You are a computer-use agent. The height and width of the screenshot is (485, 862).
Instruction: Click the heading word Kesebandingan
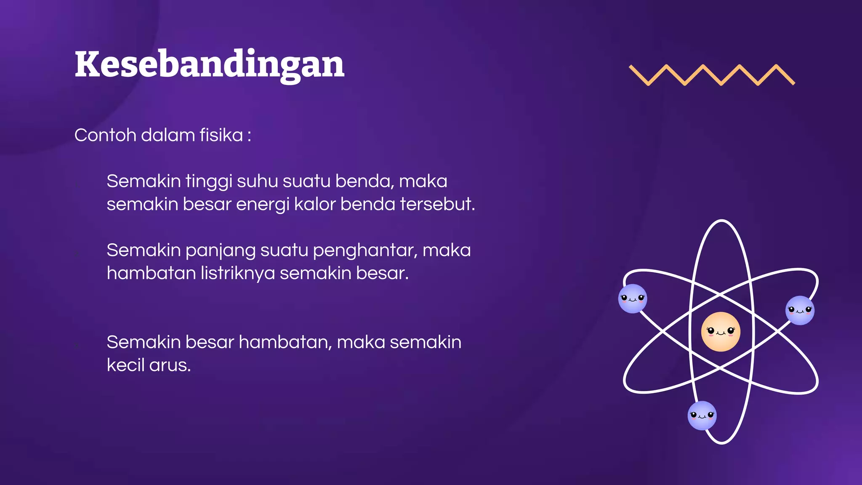[209, 64]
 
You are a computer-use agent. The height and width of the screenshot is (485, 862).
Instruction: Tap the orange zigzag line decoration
[711, 75]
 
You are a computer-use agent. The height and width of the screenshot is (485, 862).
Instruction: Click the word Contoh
[105, 135]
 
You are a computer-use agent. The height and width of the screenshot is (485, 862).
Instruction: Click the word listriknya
[237, 273]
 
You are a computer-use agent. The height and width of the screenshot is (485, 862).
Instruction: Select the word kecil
[125, 365]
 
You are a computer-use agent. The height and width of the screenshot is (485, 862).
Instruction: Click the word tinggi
[209, 182]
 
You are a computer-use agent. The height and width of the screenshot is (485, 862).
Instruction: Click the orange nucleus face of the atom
[721, 331]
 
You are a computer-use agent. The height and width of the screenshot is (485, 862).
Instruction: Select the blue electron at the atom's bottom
[702, 416]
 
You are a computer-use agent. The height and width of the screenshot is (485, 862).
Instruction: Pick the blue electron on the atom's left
[633, 298]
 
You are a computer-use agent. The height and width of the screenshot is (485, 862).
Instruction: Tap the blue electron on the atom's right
[800, 310]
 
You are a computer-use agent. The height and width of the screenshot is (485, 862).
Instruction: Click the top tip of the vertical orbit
[722, 221]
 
